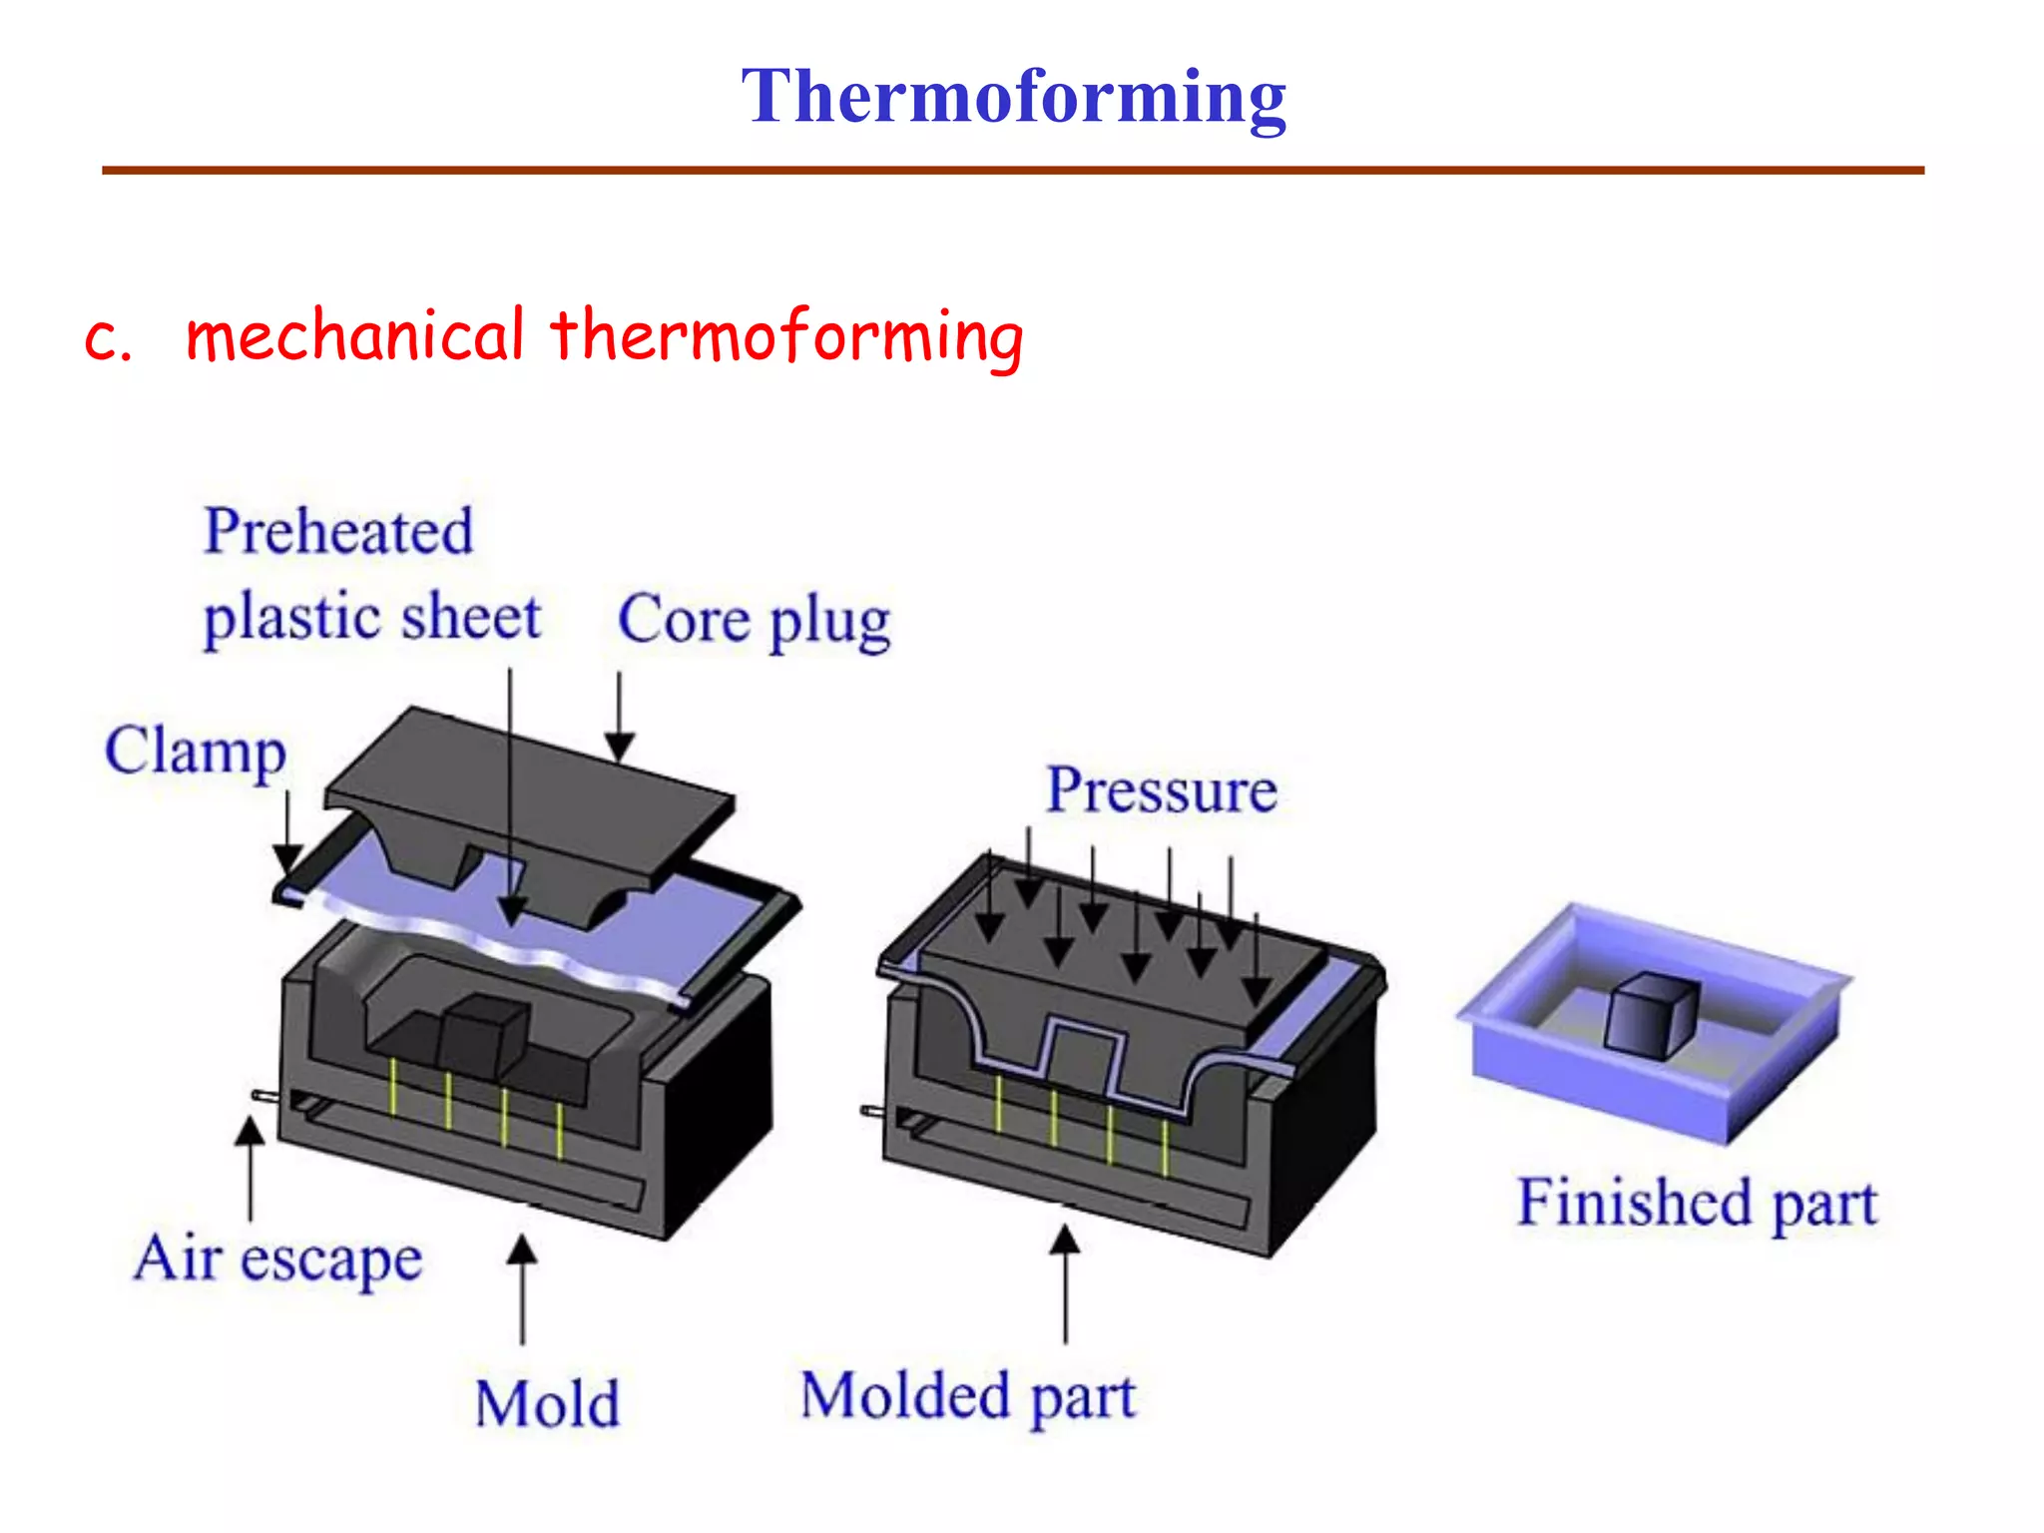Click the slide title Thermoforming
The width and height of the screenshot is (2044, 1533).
(x=1013, y=97)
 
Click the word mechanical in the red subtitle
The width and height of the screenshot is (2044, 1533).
(x=354, y=335)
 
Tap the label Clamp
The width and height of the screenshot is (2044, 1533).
(x=196, y=751)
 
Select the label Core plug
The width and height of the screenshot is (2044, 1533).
(x=754, y=621)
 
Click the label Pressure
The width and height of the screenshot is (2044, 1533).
(x=1161, y=790)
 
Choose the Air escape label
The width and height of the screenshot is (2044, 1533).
(x=278, y=1259)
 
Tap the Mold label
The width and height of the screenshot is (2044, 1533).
(x=547, y=1404)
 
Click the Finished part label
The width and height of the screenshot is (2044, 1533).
(x=1697, y=1202)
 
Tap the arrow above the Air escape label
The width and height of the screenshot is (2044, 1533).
(x=250, y=1168)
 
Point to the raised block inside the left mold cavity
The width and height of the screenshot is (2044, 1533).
(x=484, y=1033)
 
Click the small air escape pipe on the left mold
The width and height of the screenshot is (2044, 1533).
(x=264, y=1096)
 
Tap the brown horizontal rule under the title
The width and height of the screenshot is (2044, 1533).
(x=1013, y=171)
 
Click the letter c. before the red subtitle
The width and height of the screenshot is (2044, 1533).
(x=108, y=339)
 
